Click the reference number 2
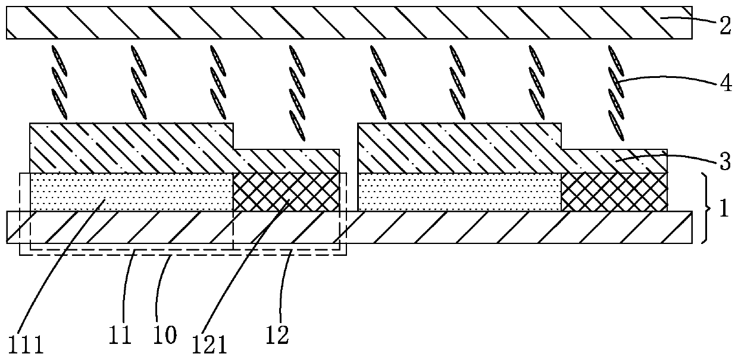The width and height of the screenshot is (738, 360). [x=724, y=25]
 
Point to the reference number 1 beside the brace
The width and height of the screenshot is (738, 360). [x=724, y=209]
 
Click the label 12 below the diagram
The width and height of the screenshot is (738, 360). [x=277, y=335]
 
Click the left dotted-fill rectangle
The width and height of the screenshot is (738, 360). [x=131, y=192]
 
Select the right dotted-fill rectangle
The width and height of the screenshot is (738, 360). [x=459, y=192]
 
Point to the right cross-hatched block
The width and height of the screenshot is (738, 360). [x=614, y=192]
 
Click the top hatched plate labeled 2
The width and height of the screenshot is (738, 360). [x=349, y=23]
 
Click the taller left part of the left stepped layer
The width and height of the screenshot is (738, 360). [x=131, y=148]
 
